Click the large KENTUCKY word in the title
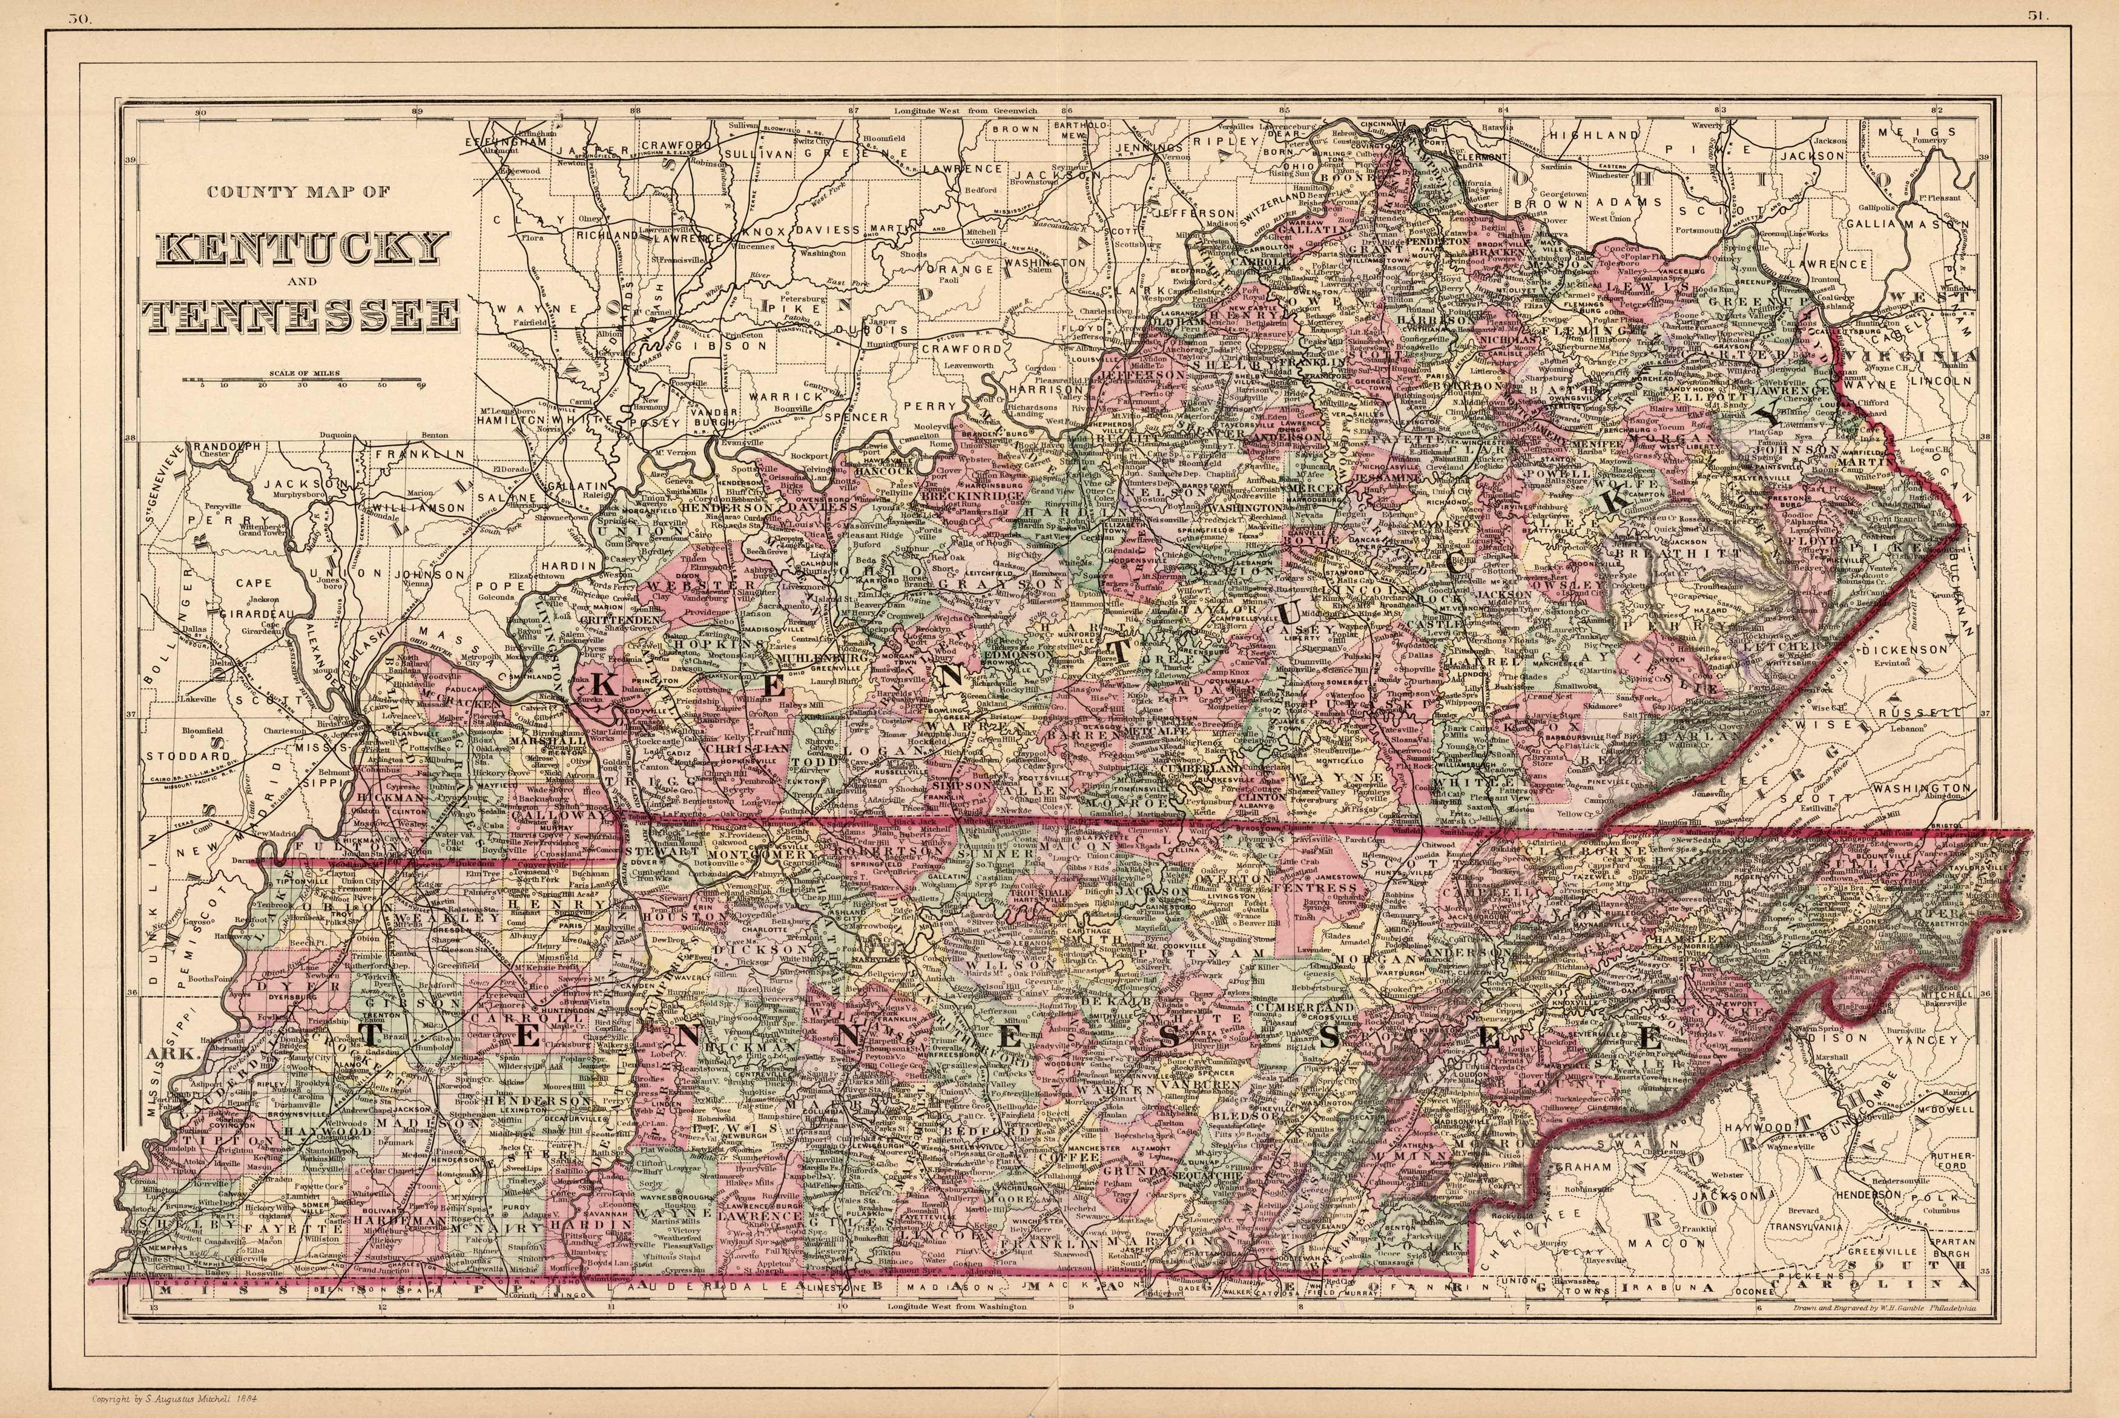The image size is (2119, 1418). pyautogui.click(x=303, y=248)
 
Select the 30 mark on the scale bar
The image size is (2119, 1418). pyautogui.click(x=302, y=385)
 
